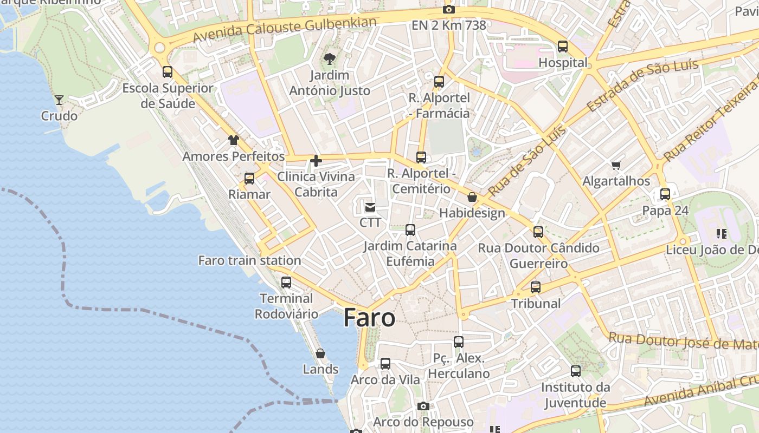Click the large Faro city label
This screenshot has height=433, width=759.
(369, 318)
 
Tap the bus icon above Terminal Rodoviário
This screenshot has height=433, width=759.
(286, 282)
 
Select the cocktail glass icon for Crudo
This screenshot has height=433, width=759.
(59, 100)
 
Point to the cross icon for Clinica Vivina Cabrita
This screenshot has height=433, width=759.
(316, 161)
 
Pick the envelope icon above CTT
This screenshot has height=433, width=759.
(370, 207)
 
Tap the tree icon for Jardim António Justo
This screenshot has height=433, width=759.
(329, 59)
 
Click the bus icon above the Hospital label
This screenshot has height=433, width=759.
(563, 47)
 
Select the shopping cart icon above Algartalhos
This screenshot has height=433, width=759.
(616, 165)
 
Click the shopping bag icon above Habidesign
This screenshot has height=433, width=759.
(472, 197)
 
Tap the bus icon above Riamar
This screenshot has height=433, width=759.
(249, 178)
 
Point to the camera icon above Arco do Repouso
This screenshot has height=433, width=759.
(423, 406)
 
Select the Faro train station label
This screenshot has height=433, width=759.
(249, 260)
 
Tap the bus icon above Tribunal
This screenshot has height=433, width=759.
(536, 287)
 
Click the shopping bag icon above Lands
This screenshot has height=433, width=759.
(320, 353)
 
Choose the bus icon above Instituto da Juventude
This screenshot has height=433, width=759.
(575, 371)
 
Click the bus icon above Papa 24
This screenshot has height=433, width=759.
(665, 194)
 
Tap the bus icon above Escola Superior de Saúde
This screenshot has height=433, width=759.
(168, 71)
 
